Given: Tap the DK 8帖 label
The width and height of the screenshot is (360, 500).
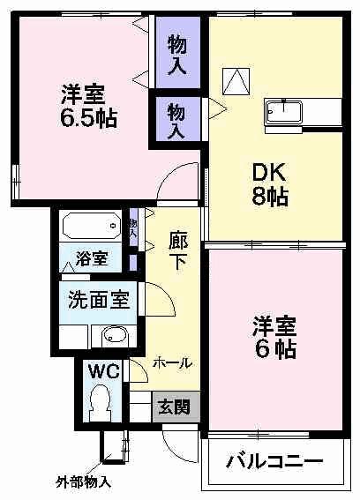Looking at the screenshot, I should tap(266, 184).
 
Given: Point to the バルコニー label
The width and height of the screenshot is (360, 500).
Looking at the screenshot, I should tap(274, 461).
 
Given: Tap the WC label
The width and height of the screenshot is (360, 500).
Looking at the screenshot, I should tap(100, 370).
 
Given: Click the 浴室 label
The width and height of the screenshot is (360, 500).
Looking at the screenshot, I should tap(91, 260).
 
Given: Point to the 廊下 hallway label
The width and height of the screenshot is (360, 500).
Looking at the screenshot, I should tap(177, 251).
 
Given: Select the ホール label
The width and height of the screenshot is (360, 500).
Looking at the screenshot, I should tap(172, 362).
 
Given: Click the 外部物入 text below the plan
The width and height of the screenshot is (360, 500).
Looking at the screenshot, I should tap(84, 483).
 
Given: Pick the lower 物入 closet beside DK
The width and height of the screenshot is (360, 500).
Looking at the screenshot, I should tap(178, 119).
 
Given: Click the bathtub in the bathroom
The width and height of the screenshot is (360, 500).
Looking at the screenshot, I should tap(92, 228).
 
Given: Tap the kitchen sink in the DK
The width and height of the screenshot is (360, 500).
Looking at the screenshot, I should tap(284, 113).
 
